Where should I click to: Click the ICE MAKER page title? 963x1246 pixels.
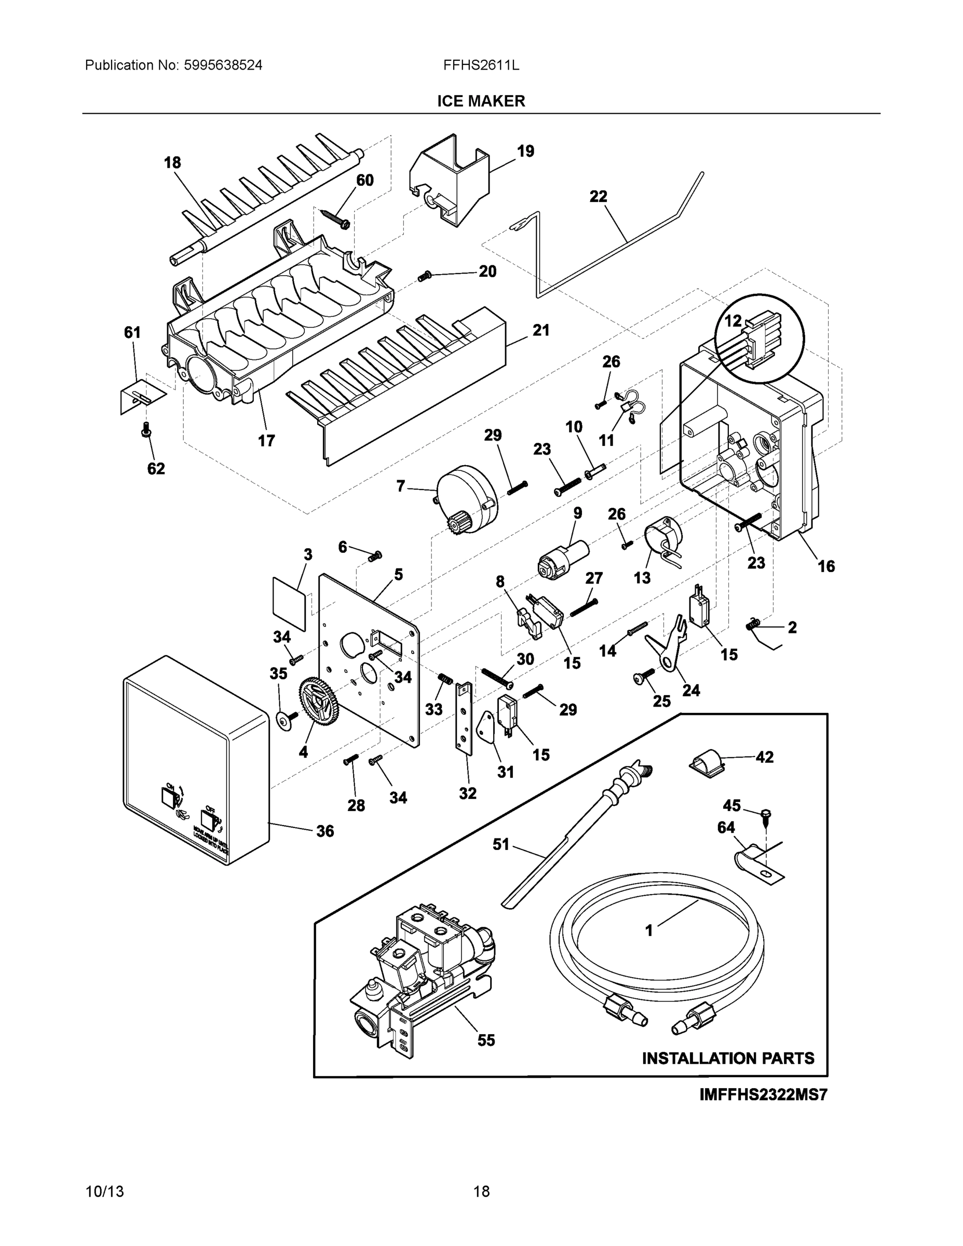[x=481, y=101]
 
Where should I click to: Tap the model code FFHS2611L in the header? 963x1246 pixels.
[x=481, y=65]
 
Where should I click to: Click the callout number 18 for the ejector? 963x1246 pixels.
[x=172, y=162]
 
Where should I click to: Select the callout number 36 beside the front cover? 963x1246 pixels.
[x=325, y=831]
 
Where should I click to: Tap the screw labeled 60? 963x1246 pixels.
[x=336, y=219]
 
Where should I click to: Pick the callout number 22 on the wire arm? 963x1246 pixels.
[x=599, y=196]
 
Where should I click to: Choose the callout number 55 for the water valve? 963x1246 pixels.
[x=486, y=1040]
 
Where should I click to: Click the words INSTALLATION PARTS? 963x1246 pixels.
[x=728, y=1058]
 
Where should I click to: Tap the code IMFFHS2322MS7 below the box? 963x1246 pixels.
[x=763, y=1095]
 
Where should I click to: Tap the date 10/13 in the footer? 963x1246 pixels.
[x=104, y=1191]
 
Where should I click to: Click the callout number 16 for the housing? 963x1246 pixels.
[x=826, y=566]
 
